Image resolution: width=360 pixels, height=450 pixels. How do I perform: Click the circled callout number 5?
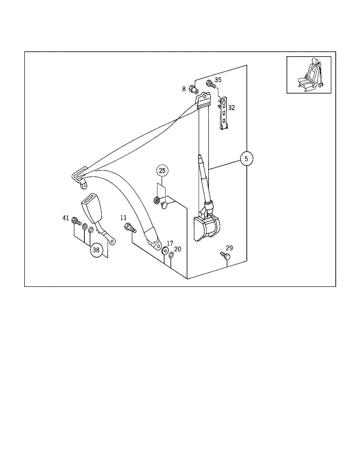[247, 159]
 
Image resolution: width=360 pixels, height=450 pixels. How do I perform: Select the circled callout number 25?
[162, 171]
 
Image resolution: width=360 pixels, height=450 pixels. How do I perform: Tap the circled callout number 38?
[96, 250]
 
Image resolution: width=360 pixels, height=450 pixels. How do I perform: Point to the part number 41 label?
[65, 218]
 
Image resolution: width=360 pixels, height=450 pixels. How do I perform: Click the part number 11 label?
[123, 218]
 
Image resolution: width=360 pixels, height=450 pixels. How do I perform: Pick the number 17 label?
[170, 243]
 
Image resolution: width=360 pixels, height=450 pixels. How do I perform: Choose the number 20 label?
[178, 249]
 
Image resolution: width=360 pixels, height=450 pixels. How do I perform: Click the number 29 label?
[229, 248]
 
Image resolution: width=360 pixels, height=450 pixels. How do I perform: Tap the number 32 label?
[232, 108]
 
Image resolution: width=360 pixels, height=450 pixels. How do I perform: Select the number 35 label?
[218, 80]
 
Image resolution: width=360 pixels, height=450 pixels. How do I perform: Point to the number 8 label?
[184, 89]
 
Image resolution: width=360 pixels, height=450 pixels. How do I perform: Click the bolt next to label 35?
[211, 84]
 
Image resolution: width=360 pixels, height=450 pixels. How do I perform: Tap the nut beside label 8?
[193, 90]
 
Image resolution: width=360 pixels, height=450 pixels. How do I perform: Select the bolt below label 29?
[225, 256]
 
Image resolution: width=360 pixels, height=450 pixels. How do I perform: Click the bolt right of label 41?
[76, 221]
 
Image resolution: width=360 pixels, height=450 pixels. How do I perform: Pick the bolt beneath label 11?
[130, 228]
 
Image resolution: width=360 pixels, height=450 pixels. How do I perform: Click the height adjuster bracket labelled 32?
[223, 113]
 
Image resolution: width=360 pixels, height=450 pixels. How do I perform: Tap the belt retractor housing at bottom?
[207, 228]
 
